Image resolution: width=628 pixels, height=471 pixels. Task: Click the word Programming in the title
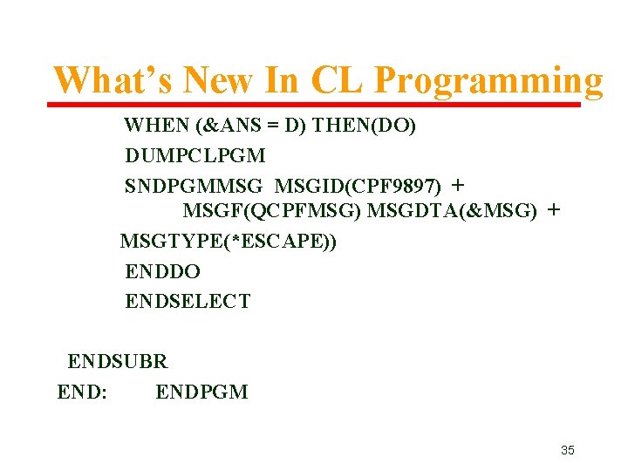click(x=488, y=81)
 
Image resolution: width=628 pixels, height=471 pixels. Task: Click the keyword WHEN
click(x=152, y=126)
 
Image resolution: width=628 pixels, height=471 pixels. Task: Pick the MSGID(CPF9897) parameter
click(x=358, y=186)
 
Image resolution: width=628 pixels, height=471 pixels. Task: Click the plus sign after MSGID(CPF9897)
click(x=459, y=185)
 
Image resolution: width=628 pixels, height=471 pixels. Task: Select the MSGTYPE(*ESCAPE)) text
click(x=229, y=241)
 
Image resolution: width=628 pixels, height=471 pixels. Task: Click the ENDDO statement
click(x=162, y=271)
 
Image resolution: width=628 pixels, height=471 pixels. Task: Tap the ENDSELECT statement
click(x=188, y=302)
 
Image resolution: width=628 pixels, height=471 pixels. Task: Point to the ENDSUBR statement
click(x=118, y=361)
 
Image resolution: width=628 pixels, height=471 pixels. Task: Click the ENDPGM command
click(x=201, y=392)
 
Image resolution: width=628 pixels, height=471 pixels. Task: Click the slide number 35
click(x=567, y=450)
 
